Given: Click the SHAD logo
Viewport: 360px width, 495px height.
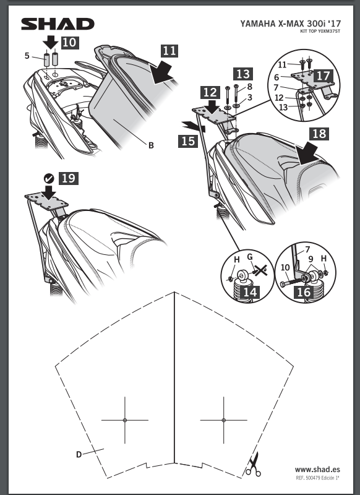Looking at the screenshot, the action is tap(58, 24).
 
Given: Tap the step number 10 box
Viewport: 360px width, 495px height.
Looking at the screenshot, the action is tap(70, 42).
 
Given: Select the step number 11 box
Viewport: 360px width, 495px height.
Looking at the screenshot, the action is tap(169, 51).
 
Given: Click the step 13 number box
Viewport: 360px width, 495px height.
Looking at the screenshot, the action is tap(243, 74).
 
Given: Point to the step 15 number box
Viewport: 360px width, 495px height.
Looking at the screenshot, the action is tap(188, 141).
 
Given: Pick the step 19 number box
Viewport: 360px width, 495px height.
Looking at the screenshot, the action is tap(69, 178).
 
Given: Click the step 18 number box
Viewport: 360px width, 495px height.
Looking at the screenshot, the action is tap(319, 134).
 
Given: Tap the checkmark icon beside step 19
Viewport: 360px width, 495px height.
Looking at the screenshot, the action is tap(49, 179).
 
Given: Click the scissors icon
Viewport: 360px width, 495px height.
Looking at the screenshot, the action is tap(254, 465).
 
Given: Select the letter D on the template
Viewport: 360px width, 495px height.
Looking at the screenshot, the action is tap(79, 455).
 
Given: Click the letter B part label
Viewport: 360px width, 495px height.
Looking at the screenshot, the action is tap(151, 145).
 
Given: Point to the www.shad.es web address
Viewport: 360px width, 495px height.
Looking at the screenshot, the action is tap(317, 470).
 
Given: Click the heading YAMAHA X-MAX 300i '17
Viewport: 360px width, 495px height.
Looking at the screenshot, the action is tap(291, 24).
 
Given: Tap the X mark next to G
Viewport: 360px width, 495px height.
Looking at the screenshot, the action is tap(260, 270).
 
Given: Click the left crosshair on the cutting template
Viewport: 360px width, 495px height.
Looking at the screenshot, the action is tap(125, 420).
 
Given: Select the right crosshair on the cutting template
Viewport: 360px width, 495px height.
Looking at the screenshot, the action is tap(224, 420).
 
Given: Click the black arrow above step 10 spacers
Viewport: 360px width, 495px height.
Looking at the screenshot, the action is tap(51, 42).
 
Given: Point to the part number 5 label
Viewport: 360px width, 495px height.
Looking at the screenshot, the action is tap(27, 56).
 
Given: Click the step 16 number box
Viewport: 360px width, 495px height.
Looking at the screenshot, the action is tap(304, 291).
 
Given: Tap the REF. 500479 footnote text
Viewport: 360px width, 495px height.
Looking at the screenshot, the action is tap(317, 478).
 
